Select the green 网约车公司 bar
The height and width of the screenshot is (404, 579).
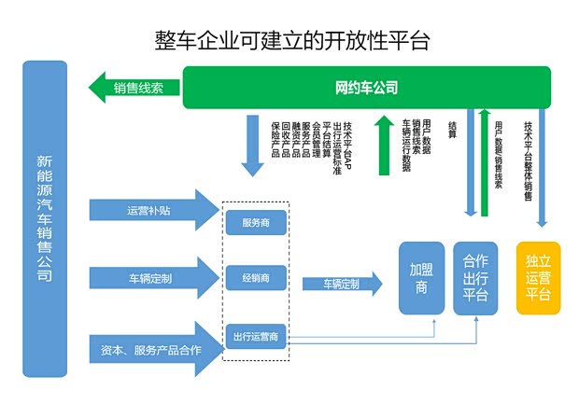coord(366,89)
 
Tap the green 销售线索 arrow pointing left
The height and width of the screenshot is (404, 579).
coord(131,89)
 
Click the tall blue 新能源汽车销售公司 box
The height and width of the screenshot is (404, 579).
coord(45,219)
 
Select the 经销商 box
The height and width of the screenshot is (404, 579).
coord(256,278)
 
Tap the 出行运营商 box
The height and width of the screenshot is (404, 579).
coord(256,336)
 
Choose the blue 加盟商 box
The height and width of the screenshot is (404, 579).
coord(420,278)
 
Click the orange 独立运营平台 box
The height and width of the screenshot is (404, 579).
coord(538,278)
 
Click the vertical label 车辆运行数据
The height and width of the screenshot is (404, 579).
coord(406,145)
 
